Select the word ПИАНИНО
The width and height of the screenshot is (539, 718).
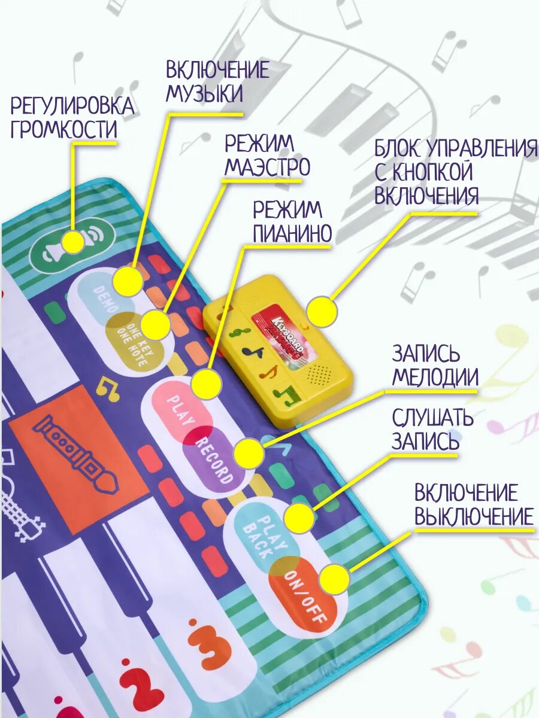[292, 234]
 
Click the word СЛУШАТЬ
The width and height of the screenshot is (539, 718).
[432, 418]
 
